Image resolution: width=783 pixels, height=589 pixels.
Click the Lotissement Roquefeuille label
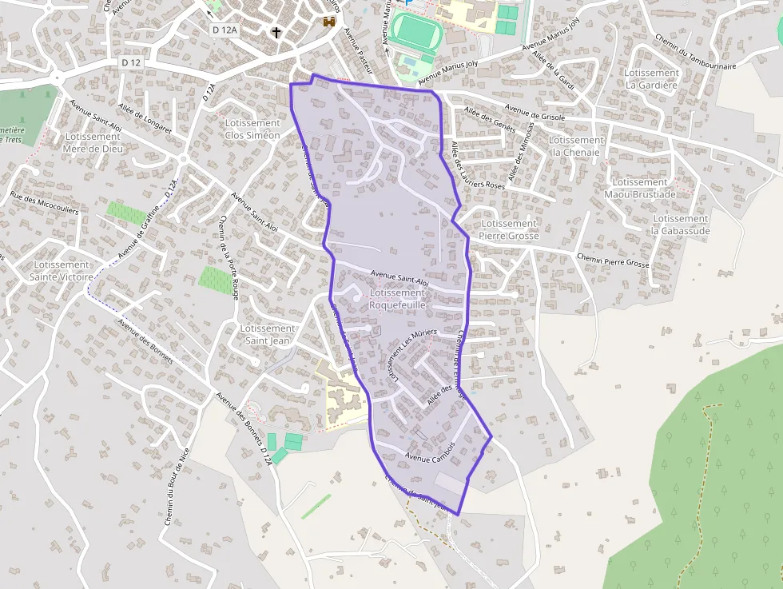(398, 299)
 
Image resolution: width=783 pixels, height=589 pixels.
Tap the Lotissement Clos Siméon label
(252, 129)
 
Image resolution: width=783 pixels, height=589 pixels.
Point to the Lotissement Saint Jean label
(268, 335)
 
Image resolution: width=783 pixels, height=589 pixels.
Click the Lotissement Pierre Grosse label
(509, 230)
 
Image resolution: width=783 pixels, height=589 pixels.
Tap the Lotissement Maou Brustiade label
(640, 188)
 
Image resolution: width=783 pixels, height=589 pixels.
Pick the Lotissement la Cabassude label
(681, 225)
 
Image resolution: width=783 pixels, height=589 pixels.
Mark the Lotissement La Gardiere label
(652, 78)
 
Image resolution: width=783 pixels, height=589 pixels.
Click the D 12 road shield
(132, 62)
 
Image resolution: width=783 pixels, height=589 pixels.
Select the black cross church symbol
(277, 33)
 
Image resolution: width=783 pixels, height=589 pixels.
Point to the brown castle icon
(328, 22)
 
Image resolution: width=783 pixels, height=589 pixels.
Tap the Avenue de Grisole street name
(535, 113)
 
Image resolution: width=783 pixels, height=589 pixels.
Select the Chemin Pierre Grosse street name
(614, 259)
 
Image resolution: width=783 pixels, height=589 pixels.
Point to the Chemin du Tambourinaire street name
(694, 52)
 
